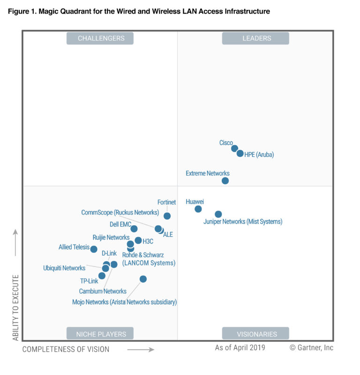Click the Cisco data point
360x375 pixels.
click(234, 148)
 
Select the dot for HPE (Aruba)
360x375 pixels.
click(240, 153)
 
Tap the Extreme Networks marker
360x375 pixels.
click(225, 181)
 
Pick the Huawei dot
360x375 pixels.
click(198, 209)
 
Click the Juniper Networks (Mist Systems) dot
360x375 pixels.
click(218, 214)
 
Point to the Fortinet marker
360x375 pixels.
click(167, 216)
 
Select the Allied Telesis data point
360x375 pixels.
click(94, 249)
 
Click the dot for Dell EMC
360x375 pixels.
click(134, 228)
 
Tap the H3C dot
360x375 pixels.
click(138, 240)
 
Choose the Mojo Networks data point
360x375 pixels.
click(143, 279)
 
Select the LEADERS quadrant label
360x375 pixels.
click(255, 38)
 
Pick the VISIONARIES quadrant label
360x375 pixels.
click(255, 334)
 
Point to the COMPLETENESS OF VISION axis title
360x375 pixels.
click(66, 349)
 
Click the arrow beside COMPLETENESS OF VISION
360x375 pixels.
click(141, 349)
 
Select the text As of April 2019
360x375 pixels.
click(240, 347)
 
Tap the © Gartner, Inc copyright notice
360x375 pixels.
click(311, 347)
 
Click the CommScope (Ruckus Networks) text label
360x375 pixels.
click(120, 212)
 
